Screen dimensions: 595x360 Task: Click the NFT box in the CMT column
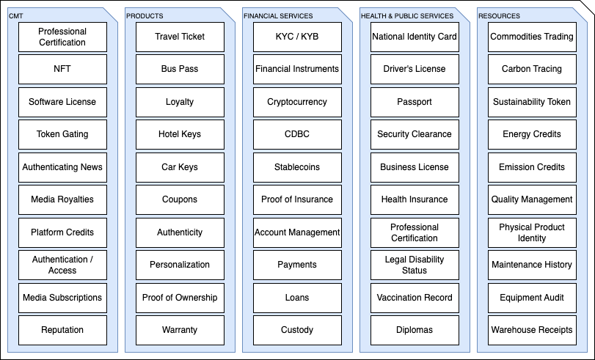coord(62,69)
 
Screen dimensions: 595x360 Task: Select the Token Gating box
coord(62,134)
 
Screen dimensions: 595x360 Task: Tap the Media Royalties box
coord(62,199)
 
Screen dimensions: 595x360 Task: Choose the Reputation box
coord(62,330)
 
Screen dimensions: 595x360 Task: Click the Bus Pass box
coord(180,69)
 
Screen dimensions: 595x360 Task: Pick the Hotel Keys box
coord(180,134)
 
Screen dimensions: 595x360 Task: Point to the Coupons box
coord(180,199)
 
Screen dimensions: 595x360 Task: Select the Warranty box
coord(180,330)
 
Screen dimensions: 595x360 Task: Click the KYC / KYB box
coord(297,37)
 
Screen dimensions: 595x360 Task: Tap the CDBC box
coord(297,134)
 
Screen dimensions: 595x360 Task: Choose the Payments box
coord(297,265)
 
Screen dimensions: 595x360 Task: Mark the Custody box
coord(297,330)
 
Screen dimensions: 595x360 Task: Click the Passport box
coord(415,102)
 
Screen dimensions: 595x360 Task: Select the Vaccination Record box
coord(415,298)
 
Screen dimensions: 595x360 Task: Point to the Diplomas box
coord(415,330)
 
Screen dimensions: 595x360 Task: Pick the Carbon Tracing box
coord(532,69)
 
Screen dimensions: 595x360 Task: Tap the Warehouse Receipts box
coord(532,330)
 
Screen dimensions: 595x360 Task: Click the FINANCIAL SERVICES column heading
coord(278,16)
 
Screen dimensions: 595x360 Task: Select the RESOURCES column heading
coord(499,16)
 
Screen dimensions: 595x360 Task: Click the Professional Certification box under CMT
coord(62,37)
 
